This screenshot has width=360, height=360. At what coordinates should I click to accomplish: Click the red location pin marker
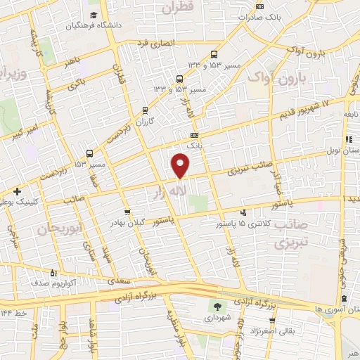click(x=181, y=165)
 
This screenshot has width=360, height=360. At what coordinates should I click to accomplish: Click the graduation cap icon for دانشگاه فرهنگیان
click(x=94, y=15)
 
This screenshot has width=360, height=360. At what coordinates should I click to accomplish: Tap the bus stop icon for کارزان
click(x=146, y=110)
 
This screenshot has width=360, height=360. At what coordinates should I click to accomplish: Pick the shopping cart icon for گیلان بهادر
click(x=127, y=211)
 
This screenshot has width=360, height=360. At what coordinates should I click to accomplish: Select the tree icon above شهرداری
click(x=218, y=306)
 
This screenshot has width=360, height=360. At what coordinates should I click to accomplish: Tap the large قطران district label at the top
click(x=176, y=8)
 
